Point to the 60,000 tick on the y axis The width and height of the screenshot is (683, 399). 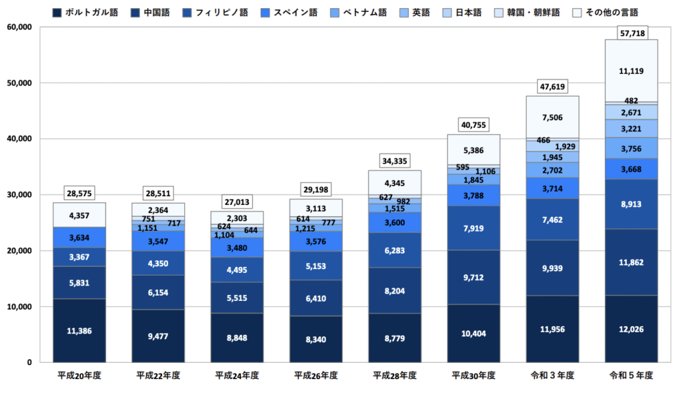pyautogui.click(x=19, y=27)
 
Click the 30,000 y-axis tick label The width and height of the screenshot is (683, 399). pyautogui.click(x=19, y=195)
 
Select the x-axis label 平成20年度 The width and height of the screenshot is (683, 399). pyautogui.click(x=79, y=376)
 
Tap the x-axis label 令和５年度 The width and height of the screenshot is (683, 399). pyautogui.click(x=630, y=376)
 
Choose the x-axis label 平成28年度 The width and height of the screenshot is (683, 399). pyautogui.click(x=394, y=376)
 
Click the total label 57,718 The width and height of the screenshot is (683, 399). pyautogui.click(x=631, y=33)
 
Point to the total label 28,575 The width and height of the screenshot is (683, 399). pyautogui.click(x=79, y=193)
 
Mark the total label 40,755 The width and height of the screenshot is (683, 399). pyautogui.click(x=474, y=125)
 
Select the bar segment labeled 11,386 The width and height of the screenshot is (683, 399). pyautogui.click(x=79, y=330)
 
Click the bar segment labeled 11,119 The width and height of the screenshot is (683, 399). pyautogui.click(x=631, y=71)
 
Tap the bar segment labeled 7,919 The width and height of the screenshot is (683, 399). pyautogui.click(x=474, y=228)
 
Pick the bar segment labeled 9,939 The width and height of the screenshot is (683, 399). pyautogui.click(x=552, y=268)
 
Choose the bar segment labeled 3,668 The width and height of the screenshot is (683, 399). pyautogui.click(x=631, y=169)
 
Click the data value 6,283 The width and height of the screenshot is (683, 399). pyautogui.click(x=394, y=250)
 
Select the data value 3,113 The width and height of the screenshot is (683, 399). pyautogui.click(x=315, y=208)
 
